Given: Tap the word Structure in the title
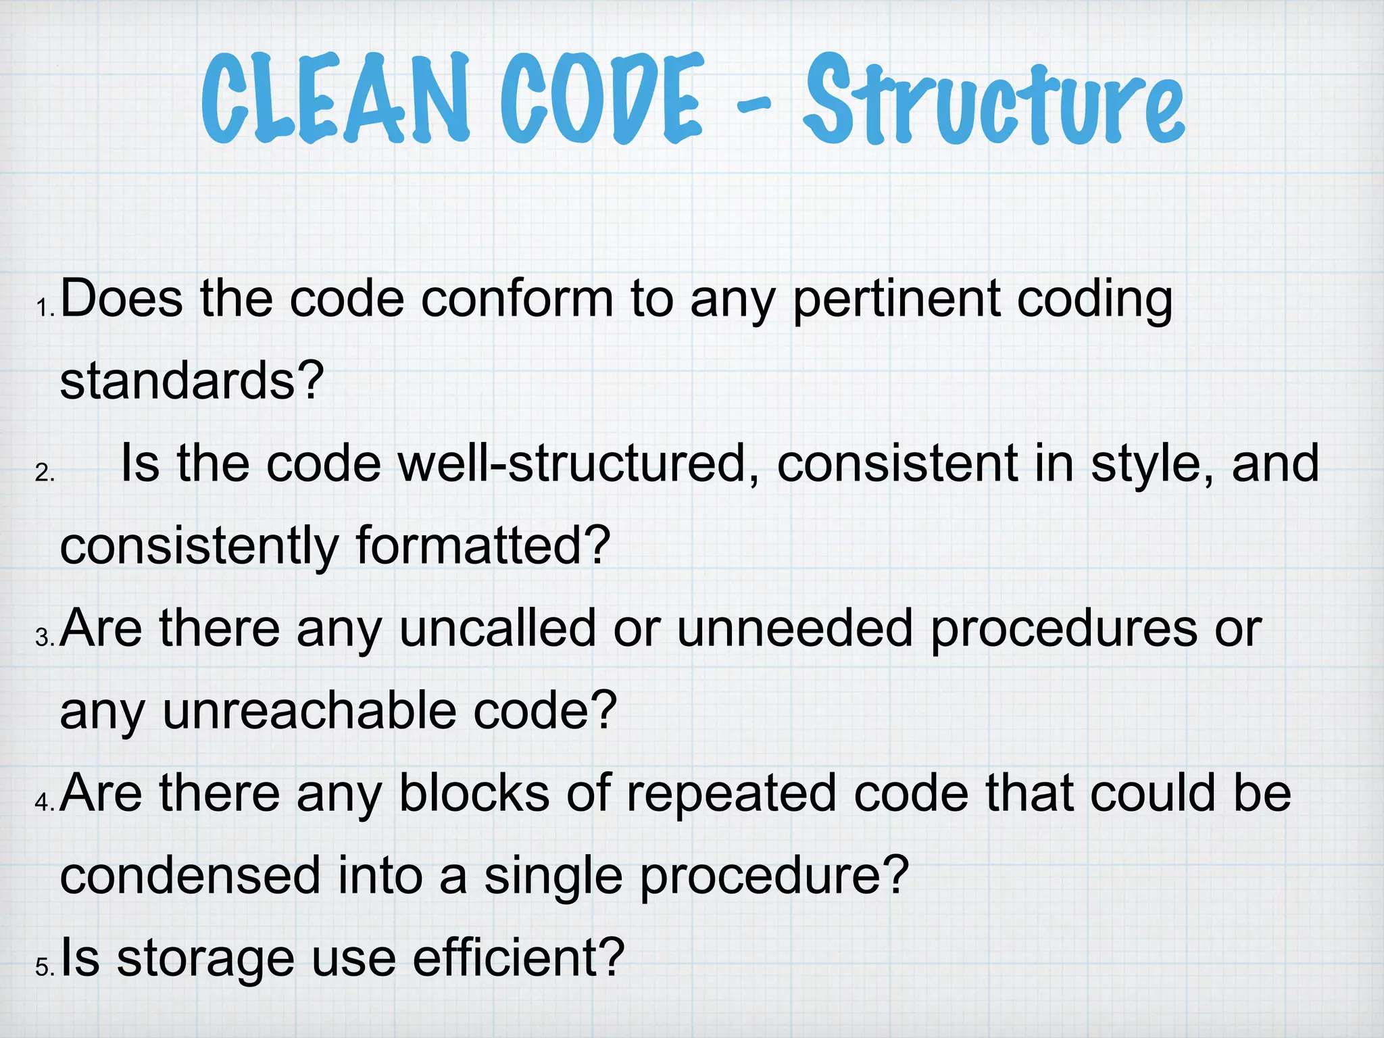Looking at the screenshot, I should pyautogui.click(x=993, y=101).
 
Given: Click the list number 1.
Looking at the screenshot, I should pyautogui.click(x=45, y=309).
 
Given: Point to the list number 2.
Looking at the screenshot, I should pyautogui.click(x=44, y=473).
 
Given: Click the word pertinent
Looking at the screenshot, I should pyautogui.click(x=896, y=299).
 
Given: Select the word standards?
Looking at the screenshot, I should pyautogui.click(x=192, y=381).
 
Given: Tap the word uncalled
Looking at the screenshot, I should pyautogui.click(x=497, y=628).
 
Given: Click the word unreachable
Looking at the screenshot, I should pyautogui.click(x=309, y=711).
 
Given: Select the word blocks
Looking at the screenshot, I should pyautogui.click(x=474, y=793).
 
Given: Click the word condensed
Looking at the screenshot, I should pyautogui.click(x=190, y=876).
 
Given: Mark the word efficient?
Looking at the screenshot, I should pyautogui.click(x=518, y=958).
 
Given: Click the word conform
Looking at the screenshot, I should pyautogui.click(x=517, y=299).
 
